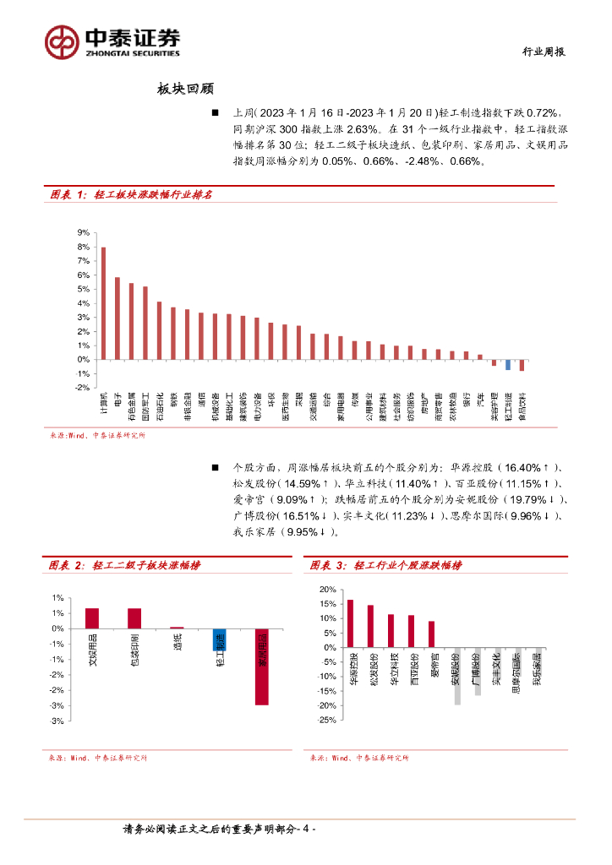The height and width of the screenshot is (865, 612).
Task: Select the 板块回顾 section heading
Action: pos(184,89)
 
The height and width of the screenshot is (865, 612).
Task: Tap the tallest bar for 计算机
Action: pos(103,302)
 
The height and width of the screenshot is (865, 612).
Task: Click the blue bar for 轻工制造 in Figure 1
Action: pos(508,364)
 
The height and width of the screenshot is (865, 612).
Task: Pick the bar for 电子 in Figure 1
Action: pos(117,318)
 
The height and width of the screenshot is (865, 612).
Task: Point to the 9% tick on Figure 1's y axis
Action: pos(84,232)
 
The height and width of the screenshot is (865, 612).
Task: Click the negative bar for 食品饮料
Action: pos(522,365)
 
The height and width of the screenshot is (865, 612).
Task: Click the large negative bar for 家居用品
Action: pos(262,666)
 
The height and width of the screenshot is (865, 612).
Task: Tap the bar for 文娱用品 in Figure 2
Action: pos(92,618)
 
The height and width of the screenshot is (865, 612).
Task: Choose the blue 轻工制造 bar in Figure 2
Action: pos(219,639)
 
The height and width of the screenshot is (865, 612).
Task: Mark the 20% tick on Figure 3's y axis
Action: pos(328,589)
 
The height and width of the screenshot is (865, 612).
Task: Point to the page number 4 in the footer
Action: pos(309,830)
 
